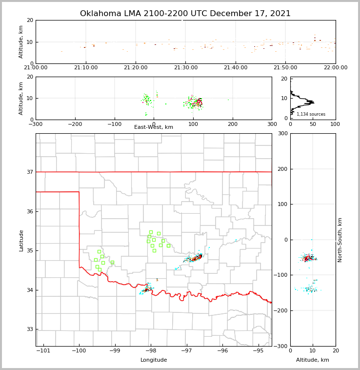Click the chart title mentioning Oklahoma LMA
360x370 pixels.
click(x=185, y=14)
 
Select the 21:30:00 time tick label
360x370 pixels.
click(x=185, y=68)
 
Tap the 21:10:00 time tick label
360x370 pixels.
click(x=85, y=68)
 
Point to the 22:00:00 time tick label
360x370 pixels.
click(x=335, y=68)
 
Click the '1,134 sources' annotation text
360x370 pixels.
click(x=311, y=114)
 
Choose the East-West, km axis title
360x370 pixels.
click(x=154, y=127)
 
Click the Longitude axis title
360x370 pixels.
click(x=154, y=360)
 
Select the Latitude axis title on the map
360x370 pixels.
click(x=21, y=240)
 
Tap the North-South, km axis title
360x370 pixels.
click(x=340, y=240)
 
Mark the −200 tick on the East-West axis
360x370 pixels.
click(x=75, y=124)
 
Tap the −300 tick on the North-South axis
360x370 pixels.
click(x=280, y=346)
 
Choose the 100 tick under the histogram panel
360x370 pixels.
click(x=335, y=124)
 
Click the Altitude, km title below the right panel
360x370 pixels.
click(x=313, y=360)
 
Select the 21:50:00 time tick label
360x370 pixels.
click(x=285, y=68)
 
